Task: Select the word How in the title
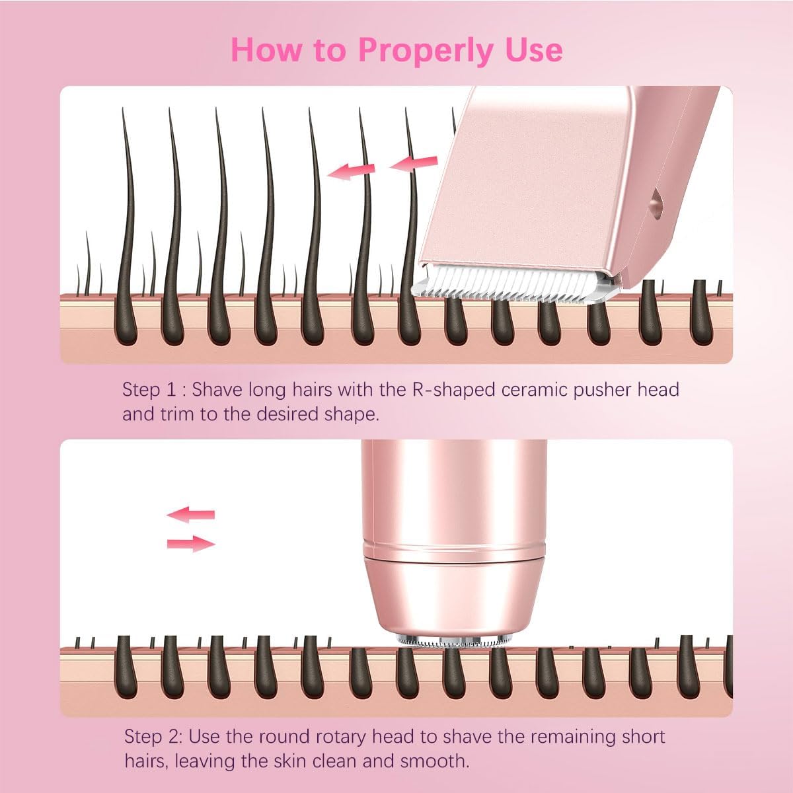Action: (264, 50)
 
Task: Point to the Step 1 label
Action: (151, 389)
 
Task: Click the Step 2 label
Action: (153, 736)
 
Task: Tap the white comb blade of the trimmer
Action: (515, 287)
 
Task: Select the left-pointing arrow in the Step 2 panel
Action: (190, 514)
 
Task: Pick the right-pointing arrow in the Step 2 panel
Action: (190, 544)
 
